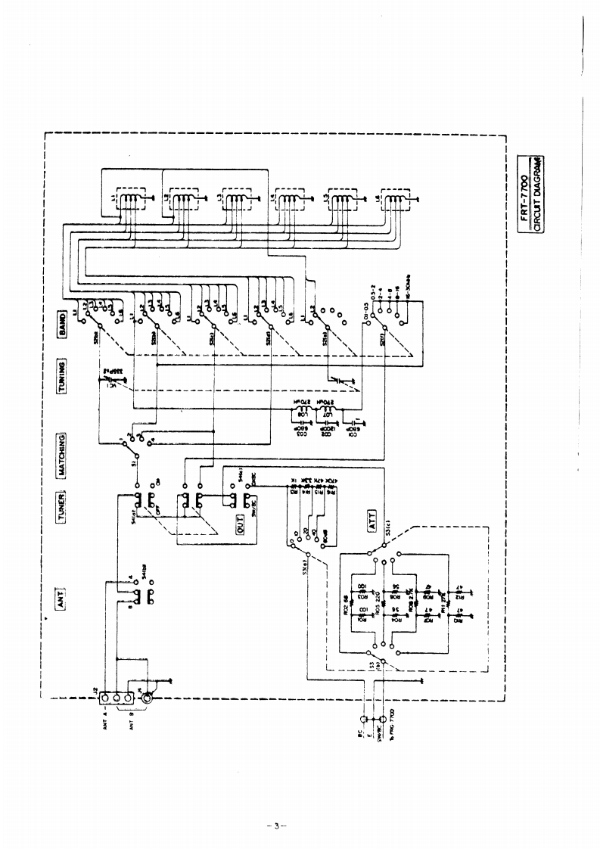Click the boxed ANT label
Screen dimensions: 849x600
(65, 599)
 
